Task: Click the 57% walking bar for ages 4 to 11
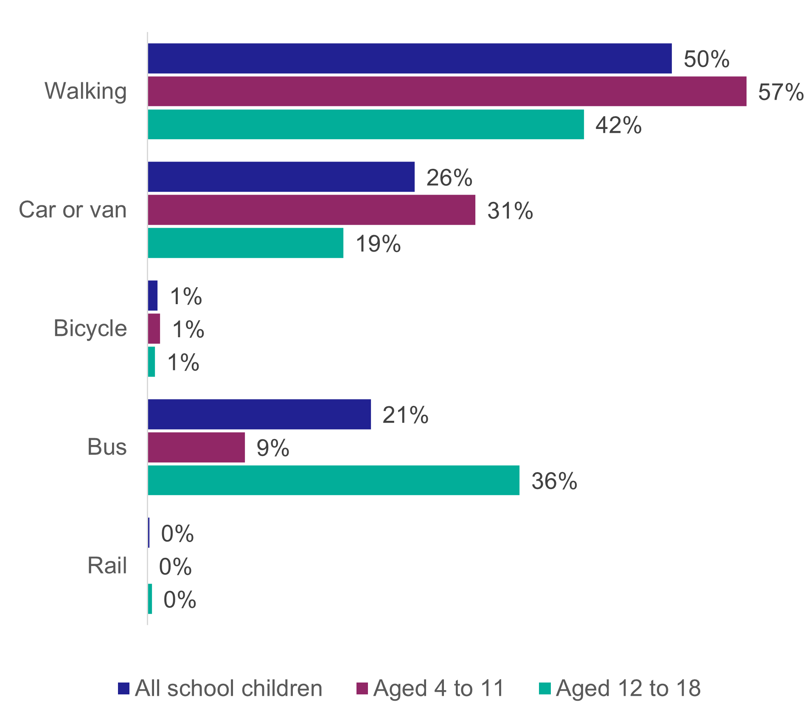coord(447,91)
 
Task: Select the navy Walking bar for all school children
coord(410,58)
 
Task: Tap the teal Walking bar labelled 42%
coord(366,124)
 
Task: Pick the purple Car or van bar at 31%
coord(311,210)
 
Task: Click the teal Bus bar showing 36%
coord(334,480)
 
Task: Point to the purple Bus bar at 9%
coord(196,448)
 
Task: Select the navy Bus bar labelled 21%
coord(259,414)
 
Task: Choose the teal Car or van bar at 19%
coord(246,243)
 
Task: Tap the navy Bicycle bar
coord(153,296)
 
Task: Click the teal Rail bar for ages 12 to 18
coord(150,599)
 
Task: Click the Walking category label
coord(86,92)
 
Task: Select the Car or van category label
coord(73,210)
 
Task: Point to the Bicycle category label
coord(90,328)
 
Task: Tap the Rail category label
coord(107,566)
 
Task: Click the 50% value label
coord(706,59)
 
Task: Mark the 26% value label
coord(449,178)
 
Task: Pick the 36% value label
coord(554,481)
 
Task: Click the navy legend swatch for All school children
coord(123,688)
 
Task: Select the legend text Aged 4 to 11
coord(438,688)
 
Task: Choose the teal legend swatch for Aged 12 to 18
coord(544,688)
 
